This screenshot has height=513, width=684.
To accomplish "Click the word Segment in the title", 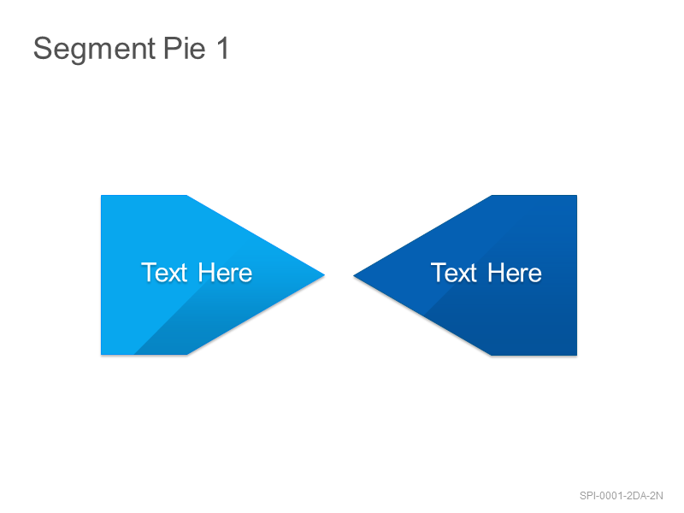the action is pos(94,50).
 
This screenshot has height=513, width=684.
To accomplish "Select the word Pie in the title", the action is pos(184,48).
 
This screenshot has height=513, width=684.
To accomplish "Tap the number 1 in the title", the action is pos(223,48).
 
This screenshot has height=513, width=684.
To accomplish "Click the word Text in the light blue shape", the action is pos(164,273).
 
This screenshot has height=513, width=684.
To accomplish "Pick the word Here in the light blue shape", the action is pos(225,273).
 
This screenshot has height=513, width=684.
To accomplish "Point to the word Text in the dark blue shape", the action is pos(454,273).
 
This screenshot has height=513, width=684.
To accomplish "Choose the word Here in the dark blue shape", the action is pos(515,273).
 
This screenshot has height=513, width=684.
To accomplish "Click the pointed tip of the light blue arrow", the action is pos(325,274).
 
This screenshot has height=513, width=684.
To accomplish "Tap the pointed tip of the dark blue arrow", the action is pos(353,275).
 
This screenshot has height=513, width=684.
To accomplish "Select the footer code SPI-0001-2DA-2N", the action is pos(622,496).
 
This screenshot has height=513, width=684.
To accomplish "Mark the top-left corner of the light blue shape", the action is pos(101,196).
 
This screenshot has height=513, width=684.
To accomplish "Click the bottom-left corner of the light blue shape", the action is pos(101,354).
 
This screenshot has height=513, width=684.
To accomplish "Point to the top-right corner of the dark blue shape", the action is pos(576,196).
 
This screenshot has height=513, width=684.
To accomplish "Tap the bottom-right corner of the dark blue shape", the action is pos(576,355).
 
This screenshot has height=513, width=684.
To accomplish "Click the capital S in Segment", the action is pos(43,49).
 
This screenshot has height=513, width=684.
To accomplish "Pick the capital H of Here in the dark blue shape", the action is pos(497,273).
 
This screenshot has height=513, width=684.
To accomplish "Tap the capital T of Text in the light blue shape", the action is pos(149,273).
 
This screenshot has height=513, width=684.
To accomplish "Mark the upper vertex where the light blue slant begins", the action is pos(187,196).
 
